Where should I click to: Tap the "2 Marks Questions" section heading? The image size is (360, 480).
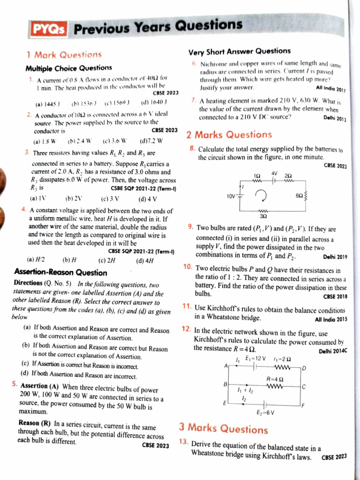(x=229, y=135)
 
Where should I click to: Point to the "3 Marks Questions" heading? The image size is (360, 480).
(x=224, y=428)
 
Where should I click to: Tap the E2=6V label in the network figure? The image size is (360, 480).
(x=265, y=412)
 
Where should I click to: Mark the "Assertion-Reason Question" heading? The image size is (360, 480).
(x=60, y=272)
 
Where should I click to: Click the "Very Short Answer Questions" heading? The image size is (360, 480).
(x=239, y=51)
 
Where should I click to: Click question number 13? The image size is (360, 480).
(x=184, y=442)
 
